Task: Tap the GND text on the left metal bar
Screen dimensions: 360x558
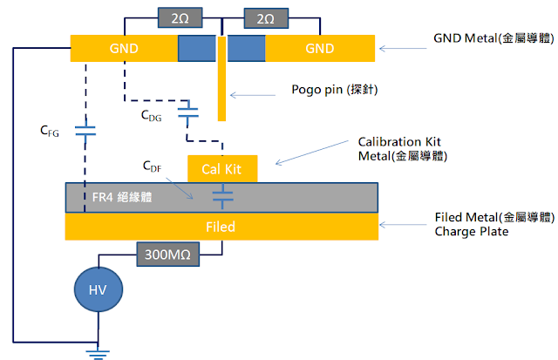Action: point(124,48)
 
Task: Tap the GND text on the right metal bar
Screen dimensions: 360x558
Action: point(320,48)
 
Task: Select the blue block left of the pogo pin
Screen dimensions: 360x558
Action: point(197,48)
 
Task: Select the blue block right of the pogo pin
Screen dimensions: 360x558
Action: point(248,48)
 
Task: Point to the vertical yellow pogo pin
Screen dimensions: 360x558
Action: point(223,87)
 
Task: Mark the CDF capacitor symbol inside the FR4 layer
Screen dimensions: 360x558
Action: point(223,196)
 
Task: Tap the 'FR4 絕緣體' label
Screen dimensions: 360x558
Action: point(122,197)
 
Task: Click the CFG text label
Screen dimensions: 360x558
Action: point(51,132)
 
